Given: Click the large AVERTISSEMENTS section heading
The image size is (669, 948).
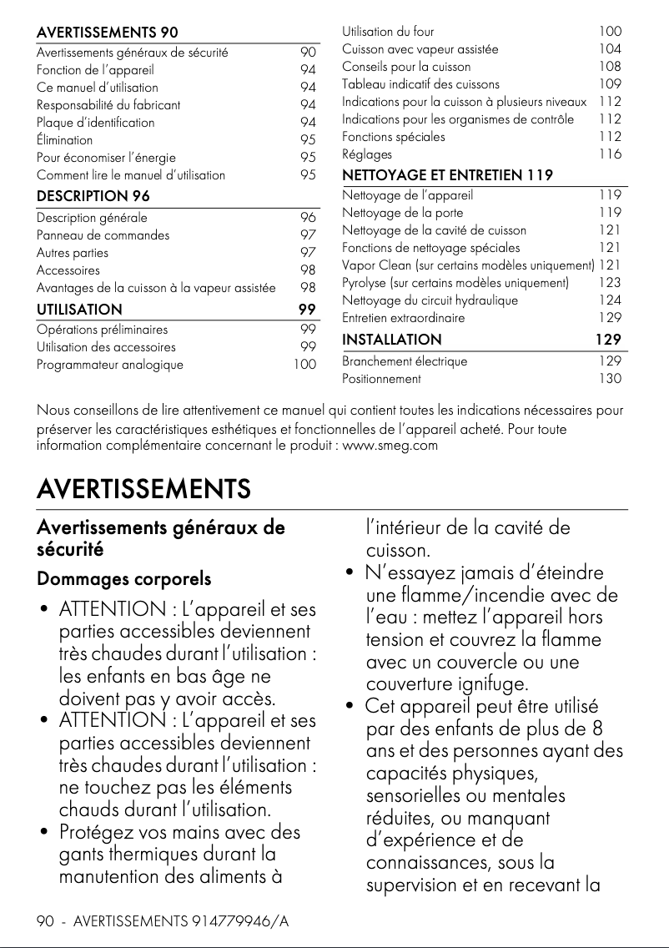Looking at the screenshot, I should [x=143, y=488].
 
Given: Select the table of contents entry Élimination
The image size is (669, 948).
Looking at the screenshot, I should [x=64, y=140].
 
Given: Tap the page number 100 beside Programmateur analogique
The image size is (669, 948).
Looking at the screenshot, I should [x=304, y=365].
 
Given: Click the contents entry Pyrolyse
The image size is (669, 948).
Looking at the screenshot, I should [x=455, y=283].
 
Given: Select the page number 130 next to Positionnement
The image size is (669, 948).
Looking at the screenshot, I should [x=610, y=379].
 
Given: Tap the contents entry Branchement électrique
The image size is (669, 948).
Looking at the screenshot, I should [x=405, y=361].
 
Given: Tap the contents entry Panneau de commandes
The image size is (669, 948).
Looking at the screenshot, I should [x=103, y=235].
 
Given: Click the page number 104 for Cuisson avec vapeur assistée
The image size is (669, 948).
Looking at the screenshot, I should [x=610, y=49].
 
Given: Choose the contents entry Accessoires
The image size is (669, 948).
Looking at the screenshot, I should [x=68, y=270].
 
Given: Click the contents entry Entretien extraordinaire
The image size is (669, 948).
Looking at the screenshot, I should [x=404, y=318].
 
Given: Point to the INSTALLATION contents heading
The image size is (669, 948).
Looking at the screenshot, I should [x=392, y=340].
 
